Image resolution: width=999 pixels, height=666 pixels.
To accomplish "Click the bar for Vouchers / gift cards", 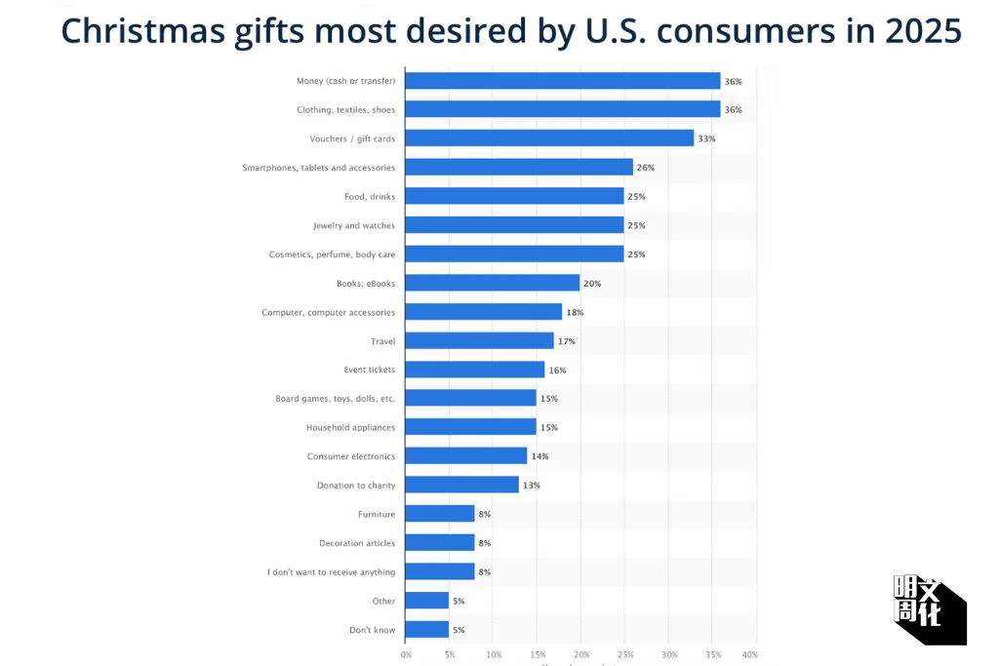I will tap(549, 138).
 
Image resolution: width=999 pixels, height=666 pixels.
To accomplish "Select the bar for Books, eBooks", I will tap(492, 283).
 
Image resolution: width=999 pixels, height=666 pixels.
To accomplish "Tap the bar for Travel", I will tap(479, 341).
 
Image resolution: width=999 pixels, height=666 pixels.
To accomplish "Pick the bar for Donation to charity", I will tap(461, 485).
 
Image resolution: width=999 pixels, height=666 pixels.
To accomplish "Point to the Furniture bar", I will tap(440, 514).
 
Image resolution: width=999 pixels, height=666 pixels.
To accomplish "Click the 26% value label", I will tap(646, 168).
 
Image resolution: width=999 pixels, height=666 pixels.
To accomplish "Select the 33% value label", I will tap(706, 138).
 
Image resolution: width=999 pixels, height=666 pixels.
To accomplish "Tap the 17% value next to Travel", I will tap(567, 341).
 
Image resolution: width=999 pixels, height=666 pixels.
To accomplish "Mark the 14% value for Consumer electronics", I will tap(540, 456).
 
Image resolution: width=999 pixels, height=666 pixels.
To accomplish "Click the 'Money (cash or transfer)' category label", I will tap(345, 81).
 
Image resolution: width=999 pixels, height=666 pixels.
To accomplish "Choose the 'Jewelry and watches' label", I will tap(354, 225).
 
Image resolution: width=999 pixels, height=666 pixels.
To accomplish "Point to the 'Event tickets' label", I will tap(369, 370).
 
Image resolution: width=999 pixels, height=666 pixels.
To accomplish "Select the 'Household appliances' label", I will tap(350, 427).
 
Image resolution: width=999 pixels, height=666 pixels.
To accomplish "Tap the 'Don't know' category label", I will tap(372, 630).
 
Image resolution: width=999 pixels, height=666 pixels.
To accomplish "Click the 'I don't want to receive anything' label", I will tap(331, 572).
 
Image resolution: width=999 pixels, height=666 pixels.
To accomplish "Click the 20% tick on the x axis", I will tap(581, 654).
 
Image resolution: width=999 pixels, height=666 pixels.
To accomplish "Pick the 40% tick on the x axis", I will tap(749, 654).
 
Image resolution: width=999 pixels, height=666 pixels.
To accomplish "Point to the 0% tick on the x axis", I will tap(406, 654).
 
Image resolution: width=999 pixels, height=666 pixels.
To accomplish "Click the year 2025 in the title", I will tap(923, 32).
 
